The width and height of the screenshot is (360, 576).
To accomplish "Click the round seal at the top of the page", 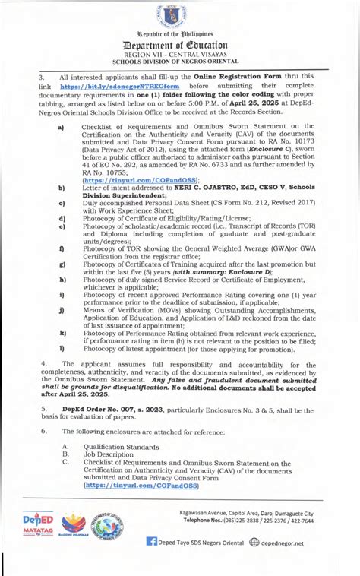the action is [179, 17].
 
